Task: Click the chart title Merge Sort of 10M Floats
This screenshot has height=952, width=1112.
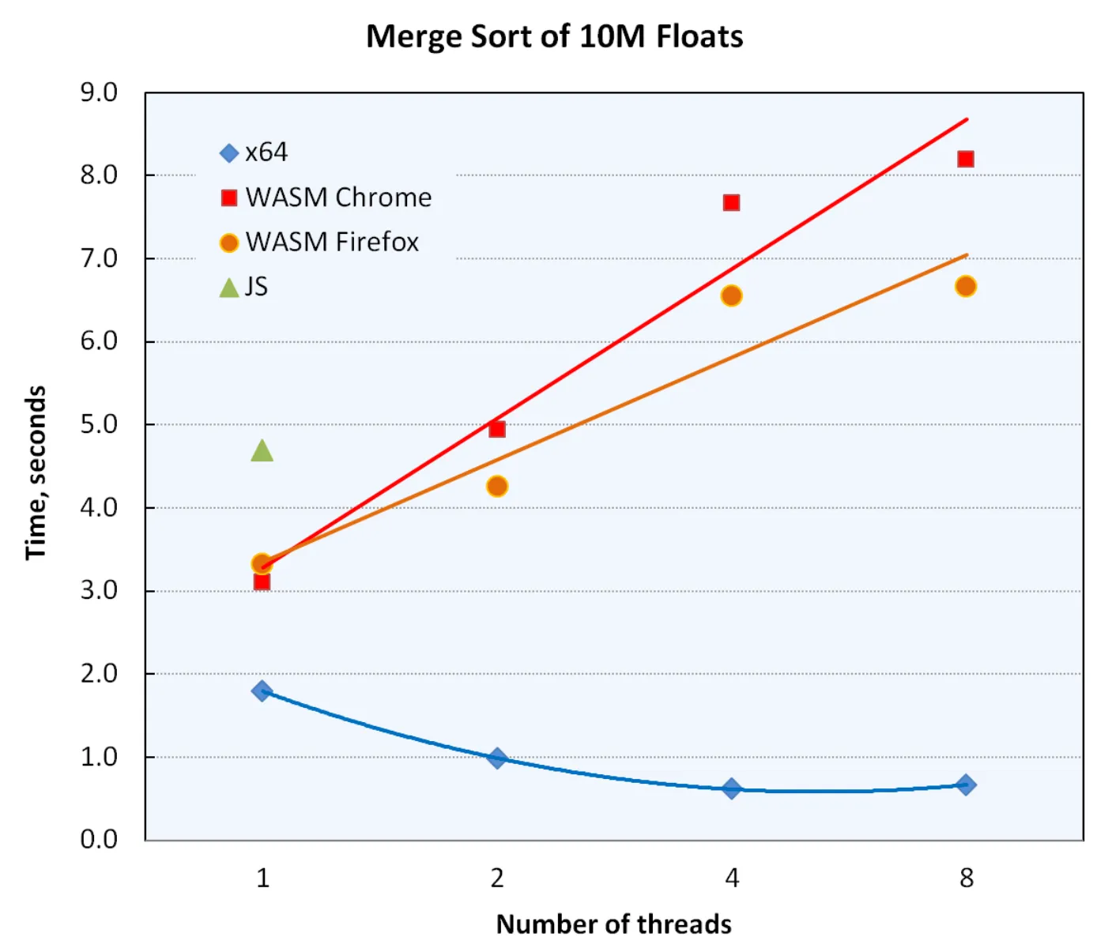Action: [554, 36]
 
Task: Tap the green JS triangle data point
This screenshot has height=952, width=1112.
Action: [262, 451]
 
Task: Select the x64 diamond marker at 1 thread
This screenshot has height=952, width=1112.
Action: [262, 691]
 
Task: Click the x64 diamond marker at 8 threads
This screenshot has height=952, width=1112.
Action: [965, 785]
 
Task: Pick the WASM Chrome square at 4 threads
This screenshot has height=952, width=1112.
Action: [731, 203]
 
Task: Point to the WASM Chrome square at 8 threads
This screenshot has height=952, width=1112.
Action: [965, 160]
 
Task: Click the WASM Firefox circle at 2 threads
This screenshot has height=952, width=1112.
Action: [496, 486]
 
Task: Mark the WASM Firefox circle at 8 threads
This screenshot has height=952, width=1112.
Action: [965, 286]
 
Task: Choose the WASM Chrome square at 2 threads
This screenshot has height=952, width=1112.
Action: [496, 429]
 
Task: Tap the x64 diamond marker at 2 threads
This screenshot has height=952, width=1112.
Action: [496, 758]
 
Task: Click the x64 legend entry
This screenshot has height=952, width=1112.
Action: [254, 152]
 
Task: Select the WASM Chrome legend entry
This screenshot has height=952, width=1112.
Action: [326, 198]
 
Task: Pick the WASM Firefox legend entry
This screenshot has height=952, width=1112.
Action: [319, 242]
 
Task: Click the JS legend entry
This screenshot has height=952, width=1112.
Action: [244, 287]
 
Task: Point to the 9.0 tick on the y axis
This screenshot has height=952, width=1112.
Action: [99, 92]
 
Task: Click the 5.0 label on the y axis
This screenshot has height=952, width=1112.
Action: [99, 424]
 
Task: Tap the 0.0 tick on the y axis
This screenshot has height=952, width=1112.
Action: [99, 839]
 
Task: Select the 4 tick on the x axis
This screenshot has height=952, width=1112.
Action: [732, 878]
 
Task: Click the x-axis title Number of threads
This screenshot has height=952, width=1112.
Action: [613, 924]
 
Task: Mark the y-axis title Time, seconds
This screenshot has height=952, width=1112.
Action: [36, 472]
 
